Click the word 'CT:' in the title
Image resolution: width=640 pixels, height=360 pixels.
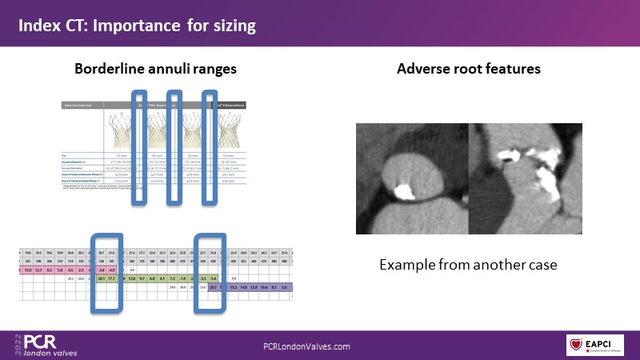tap(78, 26)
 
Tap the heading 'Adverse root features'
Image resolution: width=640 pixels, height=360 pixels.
tap(469, 70)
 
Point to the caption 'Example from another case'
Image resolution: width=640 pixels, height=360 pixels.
tap(467, 264)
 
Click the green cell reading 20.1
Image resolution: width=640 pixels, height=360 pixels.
tap(102, 279)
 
